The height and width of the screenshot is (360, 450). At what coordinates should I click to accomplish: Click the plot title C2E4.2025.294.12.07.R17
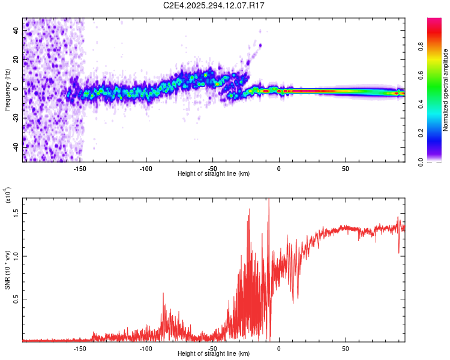coord(214,5)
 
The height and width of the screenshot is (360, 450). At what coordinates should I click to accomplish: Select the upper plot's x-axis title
coord(214,174)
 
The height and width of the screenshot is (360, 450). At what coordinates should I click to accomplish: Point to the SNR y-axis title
coord(8,270)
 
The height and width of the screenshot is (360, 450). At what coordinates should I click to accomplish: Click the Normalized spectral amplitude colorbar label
coord(446,90)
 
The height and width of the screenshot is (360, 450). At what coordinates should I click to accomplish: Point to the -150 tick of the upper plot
coord(79,168)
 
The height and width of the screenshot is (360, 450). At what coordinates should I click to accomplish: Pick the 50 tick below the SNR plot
coord(345,348)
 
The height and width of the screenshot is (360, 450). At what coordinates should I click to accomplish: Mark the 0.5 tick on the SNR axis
coord(16,299)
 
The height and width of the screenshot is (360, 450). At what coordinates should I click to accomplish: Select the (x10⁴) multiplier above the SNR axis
coord(8,196)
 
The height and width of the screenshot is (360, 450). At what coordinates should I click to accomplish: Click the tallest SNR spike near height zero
coord(269,200)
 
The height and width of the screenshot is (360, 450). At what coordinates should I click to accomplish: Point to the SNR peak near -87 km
coord(163,293)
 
